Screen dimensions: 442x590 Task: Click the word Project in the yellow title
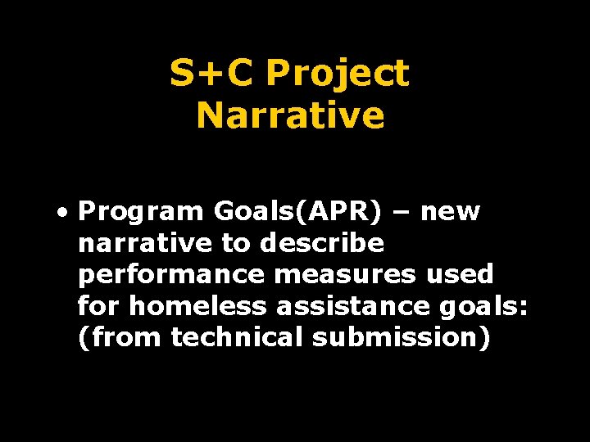pos(337,74)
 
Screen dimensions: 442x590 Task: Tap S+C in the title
pos(212,74)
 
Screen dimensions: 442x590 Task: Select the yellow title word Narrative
pos(290,115)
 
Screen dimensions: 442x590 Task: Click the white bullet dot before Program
pos(63,212)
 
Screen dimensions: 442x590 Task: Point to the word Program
pos(141,212)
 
